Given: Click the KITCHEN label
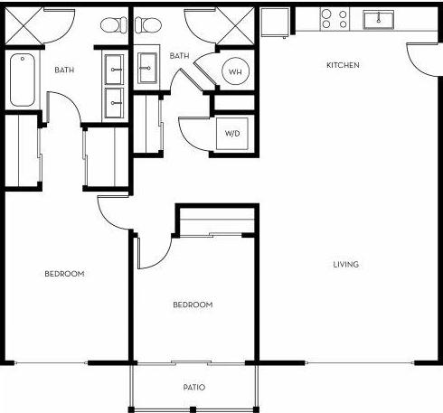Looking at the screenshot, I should tap(344, 65).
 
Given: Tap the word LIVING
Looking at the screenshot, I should tap(346, 265).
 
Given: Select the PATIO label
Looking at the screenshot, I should tap(193, 387).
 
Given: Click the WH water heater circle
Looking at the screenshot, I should tap(235, 71).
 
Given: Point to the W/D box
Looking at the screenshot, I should tap(232, 133).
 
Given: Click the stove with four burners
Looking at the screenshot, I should tap(333, 19).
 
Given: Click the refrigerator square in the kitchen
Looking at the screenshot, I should tap(274, 22).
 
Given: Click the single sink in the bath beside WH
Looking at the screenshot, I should tap(146, 66).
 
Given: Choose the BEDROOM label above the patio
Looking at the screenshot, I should tap(193, 305).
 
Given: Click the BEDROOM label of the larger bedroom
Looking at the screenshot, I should tap(64, 274).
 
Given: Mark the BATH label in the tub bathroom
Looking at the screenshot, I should tap(63, 70).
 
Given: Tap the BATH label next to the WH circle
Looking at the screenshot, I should tap(179, 56).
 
